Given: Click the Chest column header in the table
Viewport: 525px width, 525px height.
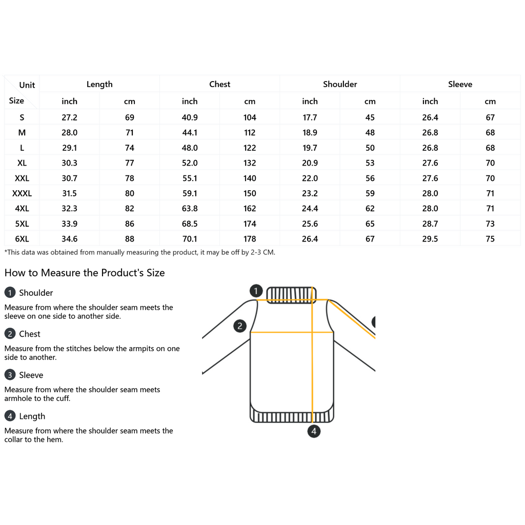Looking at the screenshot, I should pos(219,84).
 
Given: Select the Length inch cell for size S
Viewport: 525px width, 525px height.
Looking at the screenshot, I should pos(69,117).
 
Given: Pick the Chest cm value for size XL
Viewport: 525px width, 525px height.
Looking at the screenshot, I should pos(250,163).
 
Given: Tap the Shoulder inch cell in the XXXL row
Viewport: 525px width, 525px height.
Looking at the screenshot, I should pos(310,193).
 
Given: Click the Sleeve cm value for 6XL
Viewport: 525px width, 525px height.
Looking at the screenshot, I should pos(490,239).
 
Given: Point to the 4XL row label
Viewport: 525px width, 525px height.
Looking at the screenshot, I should pos(22,209).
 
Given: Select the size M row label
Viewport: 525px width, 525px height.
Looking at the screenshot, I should pos(22,133).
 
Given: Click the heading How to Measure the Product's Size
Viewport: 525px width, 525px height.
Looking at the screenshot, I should pos(85,273).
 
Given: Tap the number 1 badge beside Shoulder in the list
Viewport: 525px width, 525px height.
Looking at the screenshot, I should pos(10,293).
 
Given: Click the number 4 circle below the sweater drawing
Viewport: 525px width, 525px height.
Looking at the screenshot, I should pos(314,431).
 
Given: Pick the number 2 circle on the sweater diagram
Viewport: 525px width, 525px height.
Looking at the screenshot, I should pos(240,326).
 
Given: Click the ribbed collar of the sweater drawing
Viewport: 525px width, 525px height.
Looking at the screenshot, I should pos(291,294).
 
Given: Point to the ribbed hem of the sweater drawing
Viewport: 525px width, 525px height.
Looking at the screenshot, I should pos(292,415).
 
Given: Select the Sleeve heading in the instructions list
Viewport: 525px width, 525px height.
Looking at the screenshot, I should pos(31,375).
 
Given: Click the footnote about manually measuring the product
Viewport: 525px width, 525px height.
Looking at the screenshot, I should pos(139,252).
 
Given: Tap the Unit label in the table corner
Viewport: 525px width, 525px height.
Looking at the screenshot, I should pos(27,85).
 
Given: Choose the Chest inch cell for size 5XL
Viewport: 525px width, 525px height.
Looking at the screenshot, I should pos(190,224).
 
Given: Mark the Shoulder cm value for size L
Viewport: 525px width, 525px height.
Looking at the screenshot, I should pos(370,148).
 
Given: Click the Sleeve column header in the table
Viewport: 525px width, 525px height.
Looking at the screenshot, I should pos(460,84).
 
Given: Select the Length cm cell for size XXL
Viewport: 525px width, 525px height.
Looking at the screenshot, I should pos(130,178).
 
